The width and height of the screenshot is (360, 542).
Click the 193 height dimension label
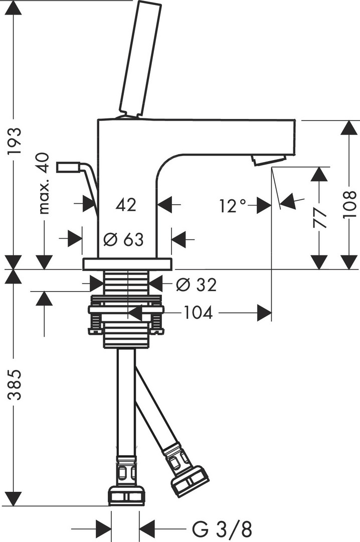16,141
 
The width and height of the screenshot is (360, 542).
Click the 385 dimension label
16,385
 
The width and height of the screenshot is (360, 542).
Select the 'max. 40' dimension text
44,184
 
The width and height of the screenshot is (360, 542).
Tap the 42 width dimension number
126,205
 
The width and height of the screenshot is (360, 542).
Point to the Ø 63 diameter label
123,239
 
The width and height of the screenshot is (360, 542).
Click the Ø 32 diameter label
197,285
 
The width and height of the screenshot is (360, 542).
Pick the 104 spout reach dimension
198,313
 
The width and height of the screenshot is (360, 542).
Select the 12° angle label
233,205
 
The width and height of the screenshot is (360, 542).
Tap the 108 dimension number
349,204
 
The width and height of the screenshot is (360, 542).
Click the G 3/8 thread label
222,528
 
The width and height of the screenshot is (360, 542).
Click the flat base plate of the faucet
127,264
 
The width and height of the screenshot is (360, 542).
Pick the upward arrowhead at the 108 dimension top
349,127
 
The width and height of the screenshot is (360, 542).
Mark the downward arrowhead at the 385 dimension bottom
16,498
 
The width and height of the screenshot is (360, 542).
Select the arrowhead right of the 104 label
264,313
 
